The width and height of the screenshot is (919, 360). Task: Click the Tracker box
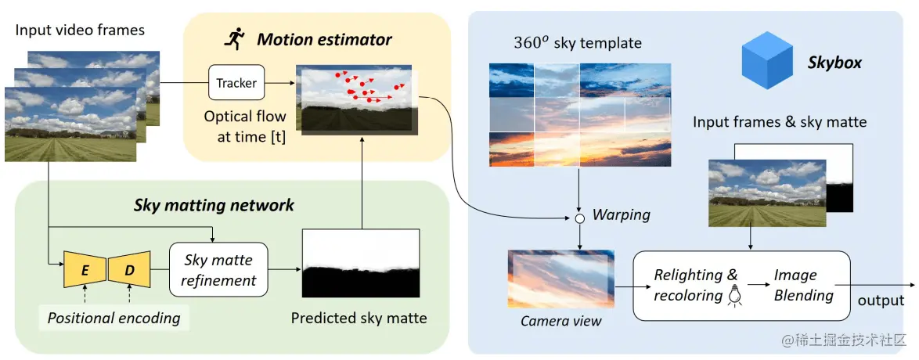(236, 82)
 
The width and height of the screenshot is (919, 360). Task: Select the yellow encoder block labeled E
(84, 271)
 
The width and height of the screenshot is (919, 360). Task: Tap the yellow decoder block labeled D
(128, 271)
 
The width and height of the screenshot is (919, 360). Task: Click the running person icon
(234, 38)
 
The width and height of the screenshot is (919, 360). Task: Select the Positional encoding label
(114, 318)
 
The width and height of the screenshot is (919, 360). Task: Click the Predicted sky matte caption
(359, 318)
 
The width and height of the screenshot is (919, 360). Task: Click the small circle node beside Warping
(579, 218)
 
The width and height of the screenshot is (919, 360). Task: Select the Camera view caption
(560, 321)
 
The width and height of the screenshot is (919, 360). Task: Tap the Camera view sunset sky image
(560, 280)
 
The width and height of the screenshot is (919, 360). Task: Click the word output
(881, 301)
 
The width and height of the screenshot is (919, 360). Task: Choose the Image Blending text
(804, 285)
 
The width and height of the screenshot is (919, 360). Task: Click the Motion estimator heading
(324, 38)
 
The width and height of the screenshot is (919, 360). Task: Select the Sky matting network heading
(214, 205)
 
